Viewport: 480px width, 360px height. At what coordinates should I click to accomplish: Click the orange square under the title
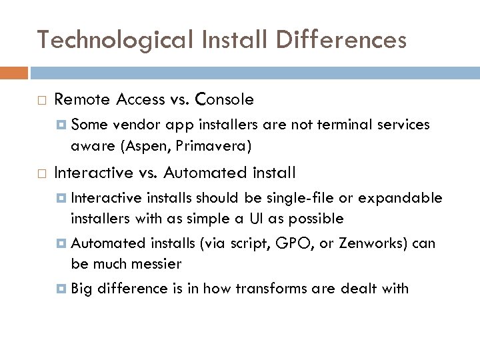pos(14,72)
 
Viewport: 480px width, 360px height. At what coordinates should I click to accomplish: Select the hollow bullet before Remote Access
pos(43,100)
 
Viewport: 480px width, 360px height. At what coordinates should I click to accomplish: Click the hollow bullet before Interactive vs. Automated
pos(43,173)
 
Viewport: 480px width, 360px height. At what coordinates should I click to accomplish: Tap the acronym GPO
pos(289,243)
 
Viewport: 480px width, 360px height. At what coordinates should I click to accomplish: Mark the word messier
pos(157,264)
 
